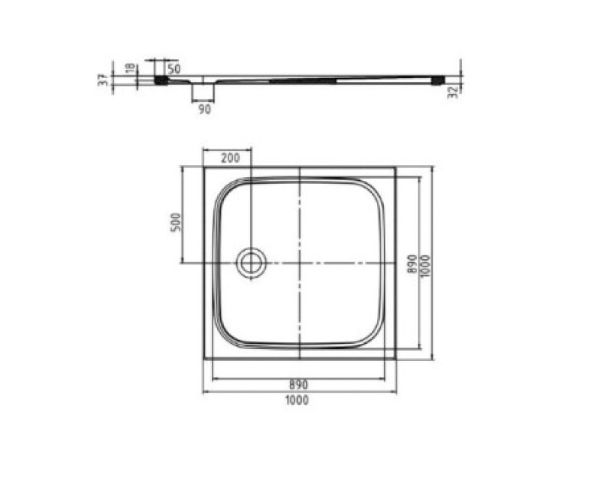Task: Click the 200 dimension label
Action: (231, 158)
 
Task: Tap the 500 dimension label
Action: (175, 222)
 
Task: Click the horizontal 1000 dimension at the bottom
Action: (297, 400)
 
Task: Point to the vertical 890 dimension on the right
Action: (412, 264)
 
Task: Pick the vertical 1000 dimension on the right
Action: (425, 267)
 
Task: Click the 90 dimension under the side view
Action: (204, 109)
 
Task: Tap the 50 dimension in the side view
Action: (174, 69)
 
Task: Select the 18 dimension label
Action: (130, 68)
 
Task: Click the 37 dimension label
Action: (103, 80)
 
